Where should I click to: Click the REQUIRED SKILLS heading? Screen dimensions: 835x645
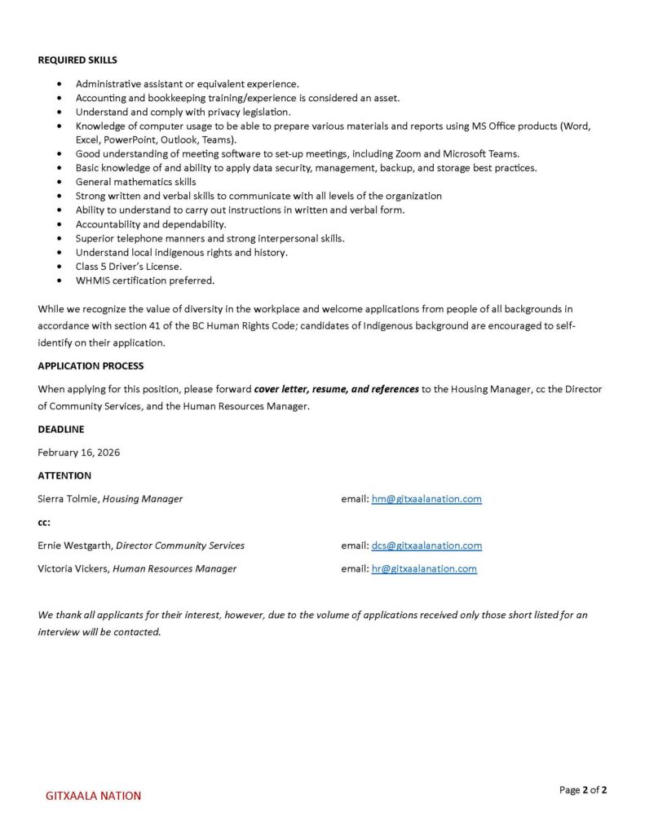(x=77, y=60)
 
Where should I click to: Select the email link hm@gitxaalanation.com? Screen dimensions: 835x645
(x=426, y=499)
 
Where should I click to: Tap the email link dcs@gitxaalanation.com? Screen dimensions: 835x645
(x=426, y=546)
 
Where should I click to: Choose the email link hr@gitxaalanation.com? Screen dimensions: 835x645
(x=424, y=568)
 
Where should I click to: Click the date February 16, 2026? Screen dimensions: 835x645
(x=78, y=453)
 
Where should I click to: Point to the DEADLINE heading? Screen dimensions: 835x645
(x=60, y=429)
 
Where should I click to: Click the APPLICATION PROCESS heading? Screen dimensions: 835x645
(x=91, y=366)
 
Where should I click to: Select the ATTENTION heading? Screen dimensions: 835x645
(x=64, y=475)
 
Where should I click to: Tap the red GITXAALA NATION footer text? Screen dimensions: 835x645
(x=93, y=796)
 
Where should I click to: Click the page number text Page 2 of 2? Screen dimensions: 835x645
(x=583, y=789)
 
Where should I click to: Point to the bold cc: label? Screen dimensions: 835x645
(x=44, y=522)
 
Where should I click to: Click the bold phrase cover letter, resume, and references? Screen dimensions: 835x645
(x=337, y=389)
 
